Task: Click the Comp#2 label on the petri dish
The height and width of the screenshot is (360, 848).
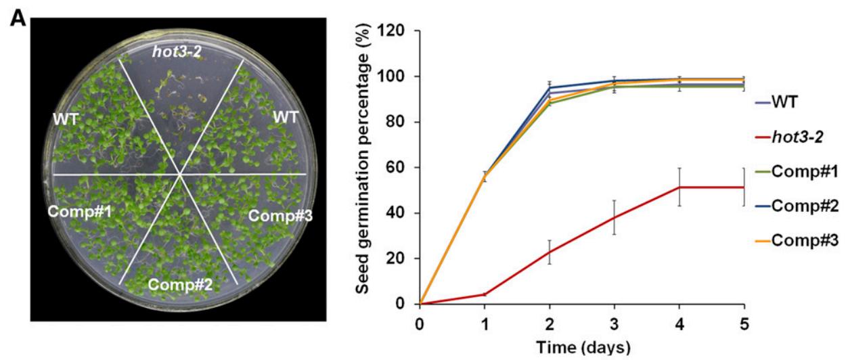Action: (x=181, y=285)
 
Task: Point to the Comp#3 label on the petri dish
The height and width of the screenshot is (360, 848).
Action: (x=277, y=216)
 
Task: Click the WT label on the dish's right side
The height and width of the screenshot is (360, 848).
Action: (x=286, y=117)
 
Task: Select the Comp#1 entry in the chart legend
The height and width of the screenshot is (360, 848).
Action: (x=803, y=171)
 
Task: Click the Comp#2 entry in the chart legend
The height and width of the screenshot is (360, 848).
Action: (x=803, y=206)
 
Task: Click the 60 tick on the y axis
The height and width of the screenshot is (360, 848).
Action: (x=400, y=168)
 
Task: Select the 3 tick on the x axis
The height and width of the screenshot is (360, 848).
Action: (x=615, y=323)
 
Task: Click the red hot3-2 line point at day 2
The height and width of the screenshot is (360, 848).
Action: (x=550, y=252)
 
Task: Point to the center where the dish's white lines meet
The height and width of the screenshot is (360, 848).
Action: (x=180, y=175)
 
